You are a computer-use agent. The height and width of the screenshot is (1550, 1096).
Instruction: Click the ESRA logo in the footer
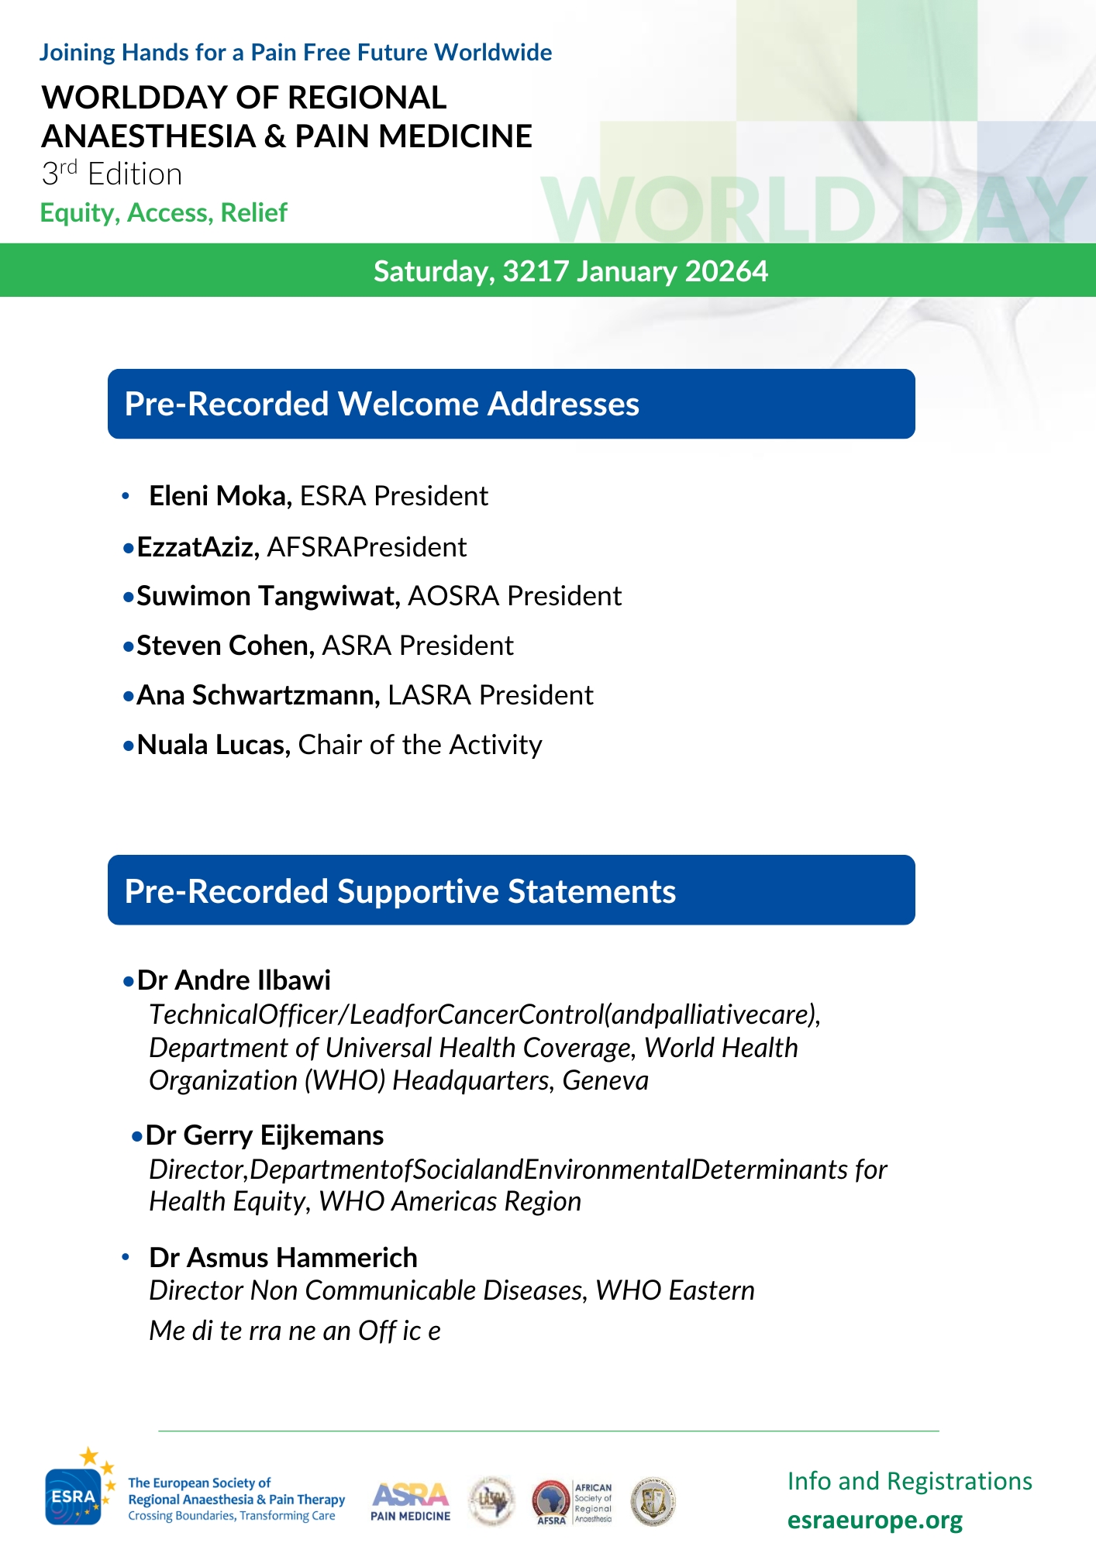click(74, 1496)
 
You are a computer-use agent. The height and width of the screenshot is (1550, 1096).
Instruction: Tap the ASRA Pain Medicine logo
click(410, 1502)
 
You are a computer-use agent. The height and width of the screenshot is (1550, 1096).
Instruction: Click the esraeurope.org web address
click(874, 1521)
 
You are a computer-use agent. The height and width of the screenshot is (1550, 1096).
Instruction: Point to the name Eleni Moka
click(219, 496)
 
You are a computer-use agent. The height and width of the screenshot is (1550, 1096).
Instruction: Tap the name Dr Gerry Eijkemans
click(264, 1135)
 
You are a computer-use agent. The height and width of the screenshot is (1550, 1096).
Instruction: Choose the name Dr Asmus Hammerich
click(283, 1257)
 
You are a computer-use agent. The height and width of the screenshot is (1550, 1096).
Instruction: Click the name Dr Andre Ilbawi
click(233, 980)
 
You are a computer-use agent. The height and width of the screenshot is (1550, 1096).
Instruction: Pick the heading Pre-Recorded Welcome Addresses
click(381, 404)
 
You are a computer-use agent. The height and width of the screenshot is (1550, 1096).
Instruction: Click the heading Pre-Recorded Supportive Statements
click(400, 891)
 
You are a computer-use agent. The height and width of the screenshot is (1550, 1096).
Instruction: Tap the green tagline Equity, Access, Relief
click(164, 212)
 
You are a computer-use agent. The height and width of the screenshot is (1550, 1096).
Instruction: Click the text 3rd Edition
click(112, 174)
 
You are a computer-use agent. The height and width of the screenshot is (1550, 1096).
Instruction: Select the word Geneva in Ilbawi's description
click(605, 1080)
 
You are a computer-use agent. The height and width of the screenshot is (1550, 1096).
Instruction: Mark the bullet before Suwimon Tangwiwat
click(129, 598)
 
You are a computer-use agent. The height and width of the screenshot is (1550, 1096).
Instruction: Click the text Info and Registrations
click(909, 1481)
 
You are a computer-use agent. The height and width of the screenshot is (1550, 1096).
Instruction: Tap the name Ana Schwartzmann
click(258, 695)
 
